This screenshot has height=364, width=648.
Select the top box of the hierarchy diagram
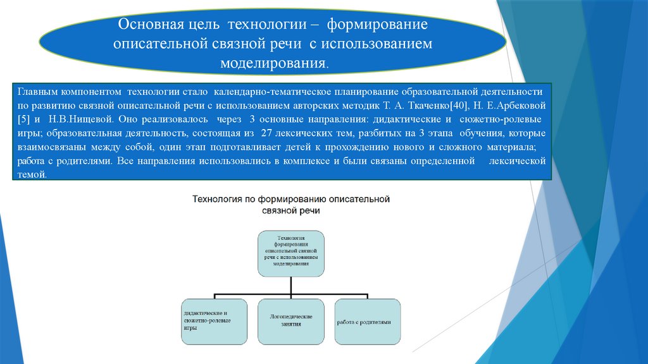point(291,253)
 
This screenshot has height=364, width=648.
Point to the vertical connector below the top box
point(291,286)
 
